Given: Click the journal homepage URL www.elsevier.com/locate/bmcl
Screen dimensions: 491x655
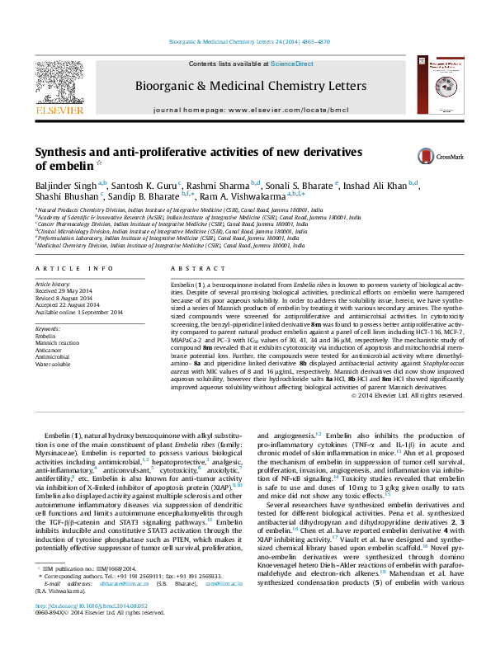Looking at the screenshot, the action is (x=283, y=109).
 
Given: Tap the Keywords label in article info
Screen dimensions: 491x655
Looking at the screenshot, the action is (x=48, y=329).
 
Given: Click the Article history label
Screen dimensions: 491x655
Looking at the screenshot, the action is (x=51, y=283).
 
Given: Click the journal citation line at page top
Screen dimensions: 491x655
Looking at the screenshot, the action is (x=245, y=41).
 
